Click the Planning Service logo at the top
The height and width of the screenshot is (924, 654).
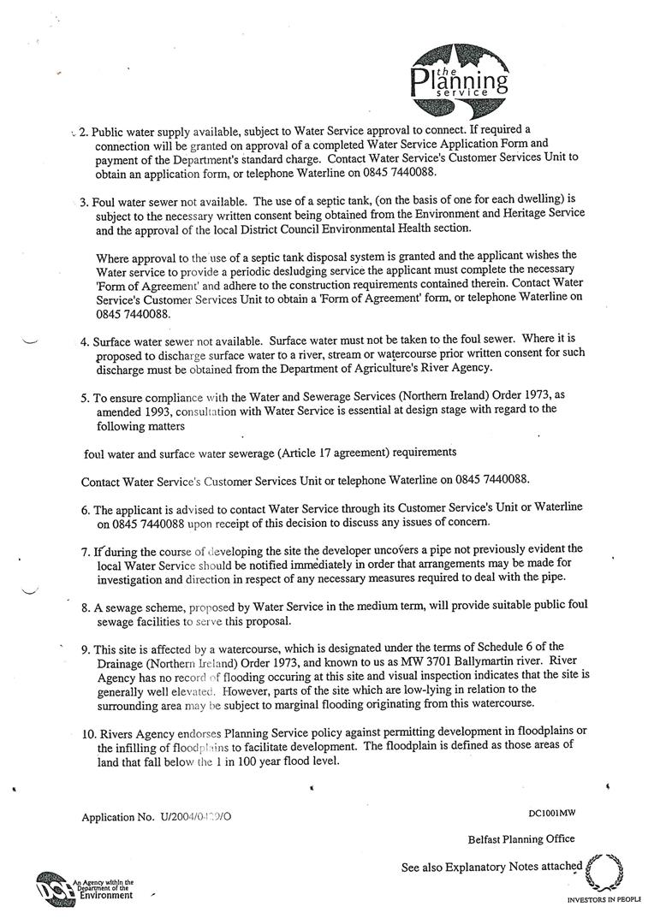pyautogui.click(x=459, y=80)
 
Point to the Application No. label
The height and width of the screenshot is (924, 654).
pyautogui.click(x=118, y=817)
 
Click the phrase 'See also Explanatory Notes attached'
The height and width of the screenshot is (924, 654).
pyautogui.click(x=491, y=867)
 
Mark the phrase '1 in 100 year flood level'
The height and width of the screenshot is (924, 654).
pyautogui.click(x=276, y=761)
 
